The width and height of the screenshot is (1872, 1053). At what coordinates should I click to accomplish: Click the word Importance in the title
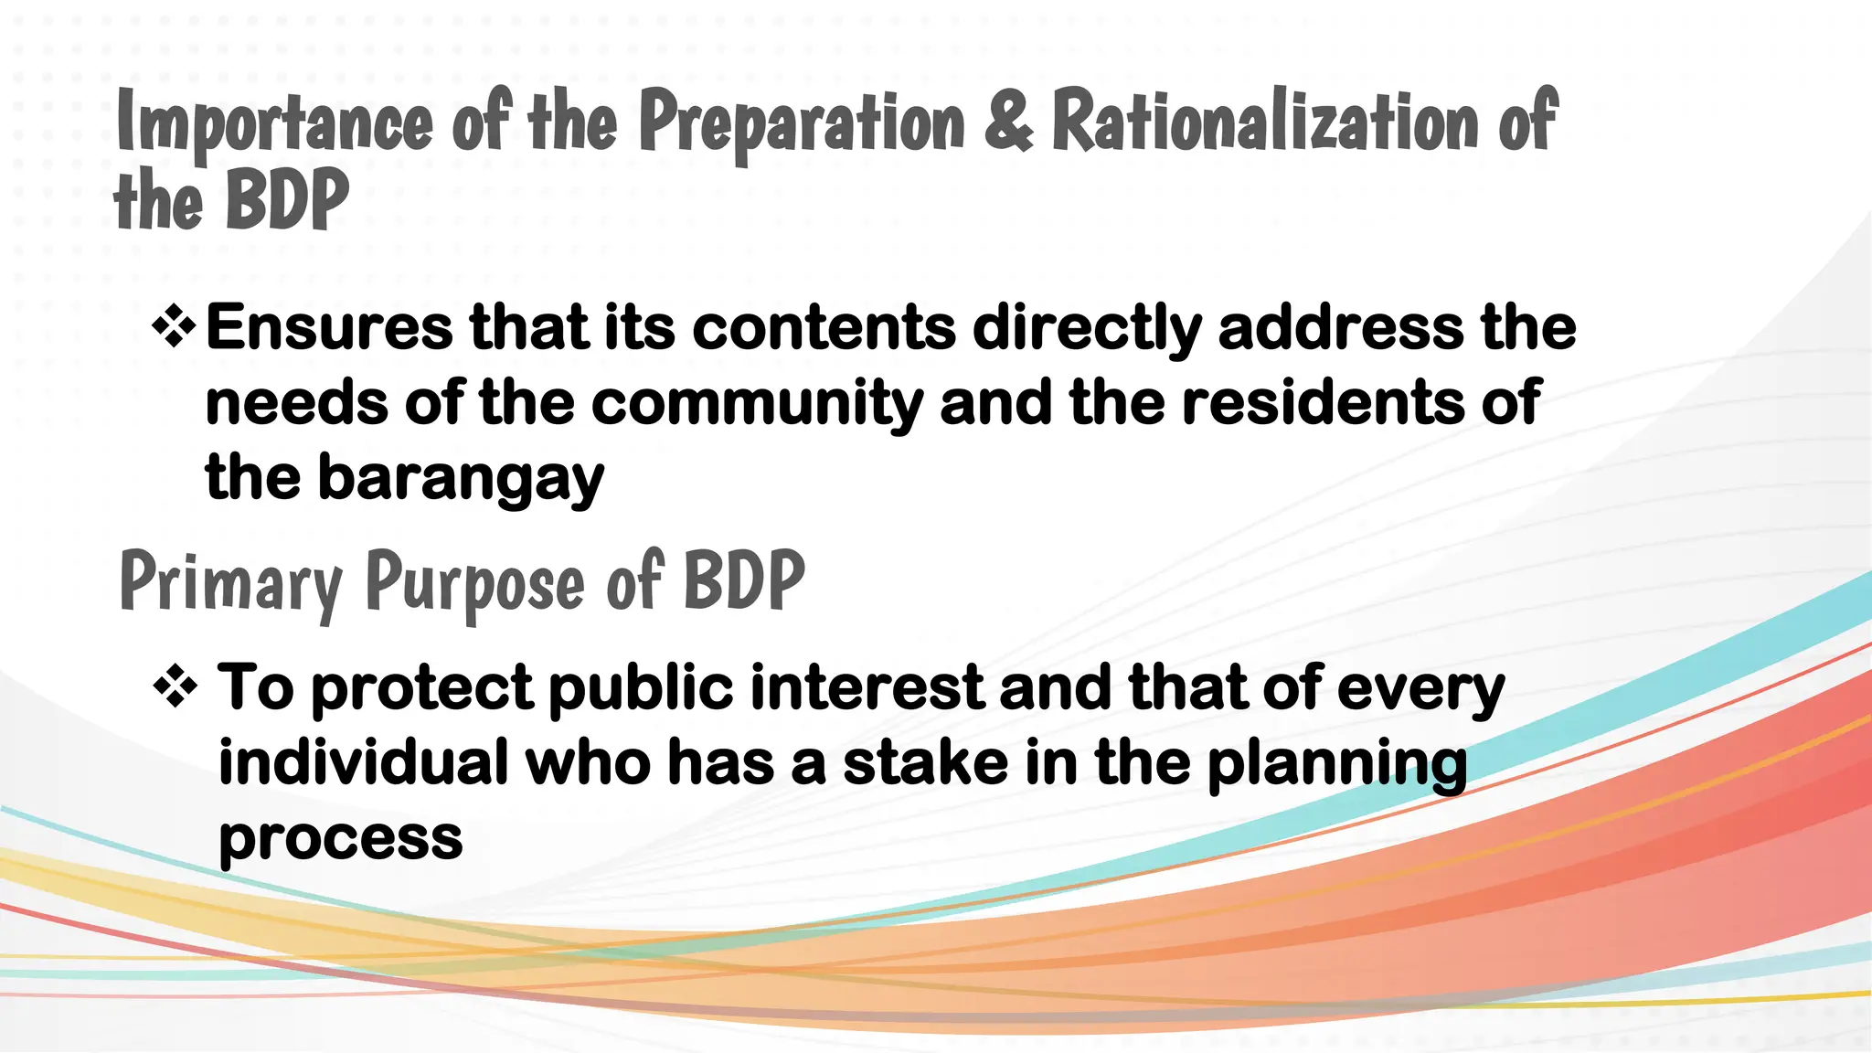pyautogui.click(x=274, y=123)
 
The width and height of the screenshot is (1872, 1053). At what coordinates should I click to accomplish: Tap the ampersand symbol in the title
pyautogui.click(x=1008, y=120)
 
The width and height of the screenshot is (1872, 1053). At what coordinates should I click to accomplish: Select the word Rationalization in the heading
pyautogui.click(x=1265, y=120)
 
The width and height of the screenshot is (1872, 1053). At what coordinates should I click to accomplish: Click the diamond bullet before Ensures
pyautogui.click(x=174, y=327)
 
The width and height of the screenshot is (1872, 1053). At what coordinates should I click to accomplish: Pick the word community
pyautogui.click(x=757, y=404)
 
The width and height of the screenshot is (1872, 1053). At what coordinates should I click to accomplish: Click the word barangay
pyautogui.click(x=461, y=479)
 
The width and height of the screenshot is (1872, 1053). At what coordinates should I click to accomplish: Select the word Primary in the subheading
pyautogui.click(x=231, y=583)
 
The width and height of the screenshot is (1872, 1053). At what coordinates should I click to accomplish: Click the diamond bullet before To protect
pyautogui.click(x=175, y=687)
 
